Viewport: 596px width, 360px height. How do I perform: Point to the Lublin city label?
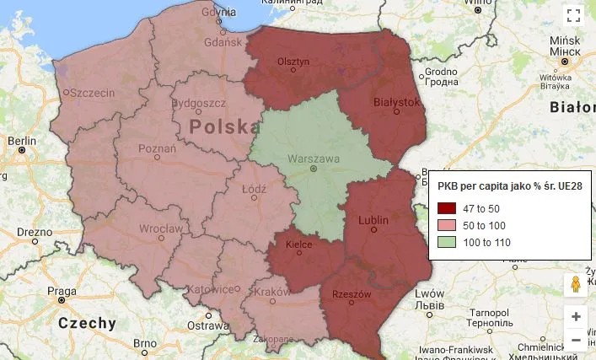point(373,221)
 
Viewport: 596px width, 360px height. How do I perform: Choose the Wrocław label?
point(161,228)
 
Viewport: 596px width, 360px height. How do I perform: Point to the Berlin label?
point(22,141)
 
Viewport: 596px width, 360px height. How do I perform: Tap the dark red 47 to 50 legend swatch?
point(447,207)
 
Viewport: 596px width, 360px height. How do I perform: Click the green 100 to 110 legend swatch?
point(447,243)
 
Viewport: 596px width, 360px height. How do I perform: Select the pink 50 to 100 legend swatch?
point(447,225)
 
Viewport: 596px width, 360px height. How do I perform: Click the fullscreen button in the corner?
point(574,15)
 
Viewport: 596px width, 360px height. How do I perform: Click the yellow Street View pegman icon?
point(576,285)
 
